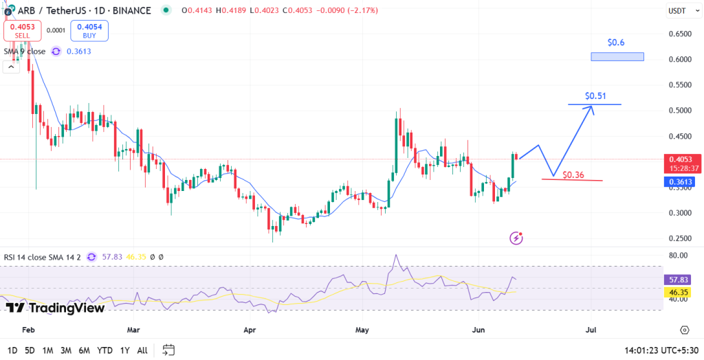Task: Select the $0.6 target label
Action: point(616,43)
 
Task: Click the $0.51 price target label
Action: point(595,95)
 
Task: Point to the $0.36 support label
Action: point(573,175)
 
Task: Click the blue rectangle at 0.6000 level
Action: point(617,56)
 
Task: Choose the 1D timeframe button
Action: point(12,350)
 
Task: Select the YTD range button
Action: point(104,350)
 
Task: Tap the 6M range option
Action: point(84,350)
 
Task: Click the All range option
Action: point(142,350)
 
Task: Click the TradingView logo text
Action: point(55,307)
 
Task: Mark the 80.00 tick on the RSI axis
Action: point(679,255)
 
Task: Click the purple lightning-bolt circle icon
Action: point(516,238)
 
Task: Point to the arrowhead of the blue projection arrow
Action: point(593,107)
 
